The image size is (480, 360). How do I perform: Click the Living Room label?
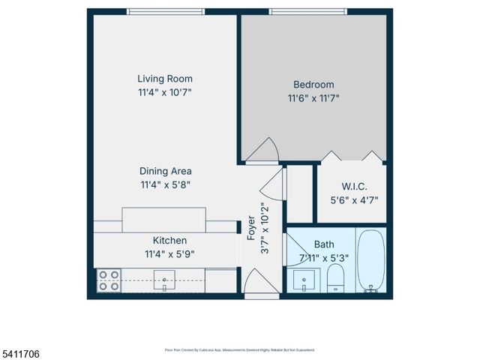point(165,79)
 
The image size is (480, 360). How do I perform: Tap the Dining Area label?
point(165,171)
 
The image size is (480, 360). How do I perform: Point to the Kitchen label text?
point(169,240)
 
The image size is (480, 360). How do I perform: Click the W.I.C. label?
point(353,187)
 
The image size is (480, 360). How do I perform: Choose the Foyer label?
point(251,229)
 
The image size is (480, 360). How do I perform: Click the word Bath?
point(324,244)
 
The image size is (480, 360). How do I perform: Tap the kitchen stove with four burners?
point(109,280)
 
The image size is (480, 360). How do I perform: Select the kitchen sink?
point(164,282)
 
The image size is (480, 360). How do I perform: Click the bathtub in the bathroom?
point(370,261)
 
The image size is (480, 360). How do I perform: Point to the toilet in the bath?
point(336,281)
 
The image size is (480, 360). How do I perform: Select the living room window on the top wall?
point(165,11)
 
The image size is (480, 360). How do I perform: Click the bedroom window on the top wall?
point(307,11)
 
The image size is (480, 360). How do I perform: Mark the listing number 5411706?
point(20,352)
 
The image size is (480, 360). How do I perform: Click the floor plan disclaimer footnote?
point(239,350)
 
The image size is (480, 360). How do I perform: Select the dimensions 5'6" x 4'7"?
point(353,200)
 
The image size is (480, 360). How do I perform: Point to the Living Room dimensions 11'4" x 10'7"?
point(165,92)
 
